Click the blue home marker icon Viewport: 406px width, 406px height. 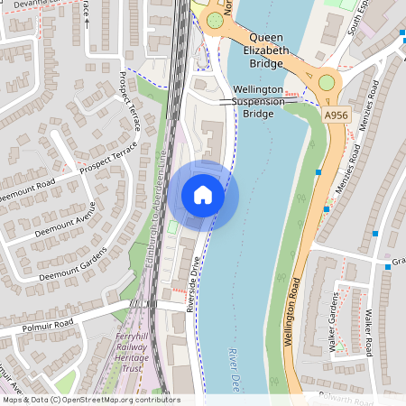203,194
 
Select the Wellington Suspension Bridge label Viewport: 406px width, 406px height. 264,102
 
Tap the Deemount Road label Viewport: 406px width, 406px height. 27,188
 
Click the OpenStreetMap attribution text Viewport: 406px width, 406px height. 90,400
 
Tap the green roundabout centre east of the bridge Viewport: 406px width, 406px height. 327,82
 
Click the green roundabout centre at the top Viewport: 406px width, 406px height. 215,20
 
